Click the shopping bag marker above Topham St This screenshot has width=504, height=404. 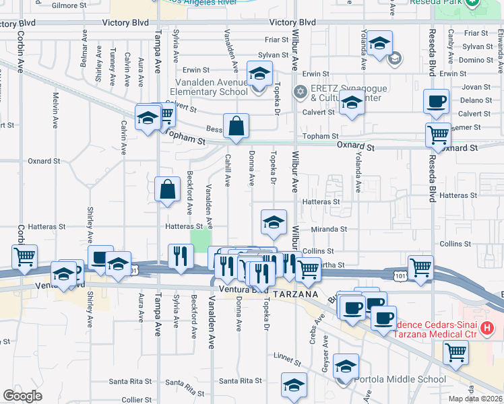tap(237, 126)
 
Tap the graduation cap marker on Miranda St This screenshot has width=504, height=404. tap(274, 223)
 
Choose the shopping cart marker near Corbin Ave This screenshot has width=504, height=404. tap(24, 256)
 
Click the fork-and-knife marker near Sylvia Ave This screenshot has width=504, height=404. tap(180, 256)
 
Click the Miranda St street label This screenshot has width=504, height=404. tap(329, 229)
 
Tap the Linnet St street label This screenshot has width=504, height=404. tap(287, 355)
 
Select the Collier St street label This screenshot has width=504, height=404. tap(136, 399)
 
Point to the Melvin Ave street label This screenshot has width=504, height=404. tap(55, 105)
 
